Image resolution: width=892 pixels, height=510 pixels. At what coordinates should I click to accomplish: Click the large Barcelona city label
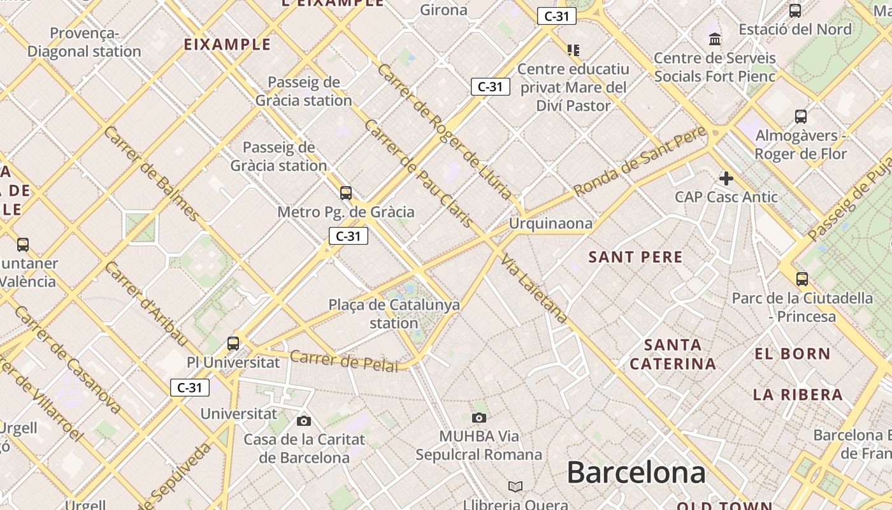[x=636, y=473]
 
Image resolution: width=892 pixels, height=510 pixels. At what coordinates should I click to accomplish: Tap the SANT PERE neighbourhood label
[x=635, y=258]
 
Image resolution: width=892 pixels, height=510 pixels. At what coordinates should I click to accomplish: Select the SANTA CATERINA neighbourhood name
[x=672, y=354]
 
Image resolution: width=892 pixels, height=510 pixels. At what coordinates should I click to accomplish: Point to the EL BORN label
[x=793, y=354]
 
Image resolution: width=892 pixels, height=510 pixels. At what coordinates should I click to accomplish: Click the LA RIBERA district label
[x=798, y=395]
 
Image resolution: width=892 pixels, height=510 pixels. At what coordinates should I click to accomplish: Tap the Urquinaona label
[x=550, y=224]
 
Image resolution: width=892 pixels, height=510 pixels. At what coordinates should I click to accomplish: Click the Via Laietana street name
[x=534, y=288]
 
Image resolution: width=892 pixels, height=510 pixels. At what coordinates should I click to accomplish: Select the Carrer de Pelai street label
[x=343, y=361]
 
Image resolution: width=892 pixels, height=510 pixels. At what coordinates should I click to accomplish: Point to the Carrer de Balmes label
[x=151, y=173]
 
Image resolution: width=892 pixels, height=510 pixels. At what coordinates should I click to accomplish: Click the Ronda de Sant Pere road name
[x=640, y=161]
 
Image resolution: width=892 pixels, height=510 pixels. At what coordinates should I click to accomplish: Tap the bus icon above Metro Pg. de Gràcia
[x=346, y=193]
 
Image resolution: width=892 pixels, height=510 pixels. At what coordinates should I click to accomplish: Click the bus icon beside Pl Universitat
[x=233, y=343]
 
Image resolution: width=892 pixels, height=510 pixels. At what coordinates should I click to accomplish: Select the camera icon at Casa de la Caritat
[x=304, y=421]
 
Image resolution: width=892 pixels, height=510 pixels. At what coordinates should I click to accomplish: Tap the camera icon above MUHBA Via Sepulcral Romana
[x=479, y=418]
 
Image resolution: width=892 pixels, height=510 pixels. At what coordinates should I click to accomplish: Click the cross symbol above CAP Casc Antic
[x=726, y=178]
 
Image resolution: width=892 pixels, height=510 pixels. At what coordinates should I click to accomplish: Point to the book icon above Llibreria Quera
[x=515, y=487]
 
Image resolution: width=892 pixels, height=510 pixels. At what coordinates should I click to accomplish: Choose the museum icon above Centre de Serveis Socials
[x=715, y=40]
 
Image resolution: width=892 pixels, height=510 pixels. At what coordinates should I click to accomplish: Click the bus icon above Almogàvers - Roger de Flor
[x=801, y=116]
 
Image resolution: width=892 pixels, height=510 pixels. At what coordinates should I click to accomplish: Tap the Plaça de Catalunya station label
[x=394, y=314]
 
